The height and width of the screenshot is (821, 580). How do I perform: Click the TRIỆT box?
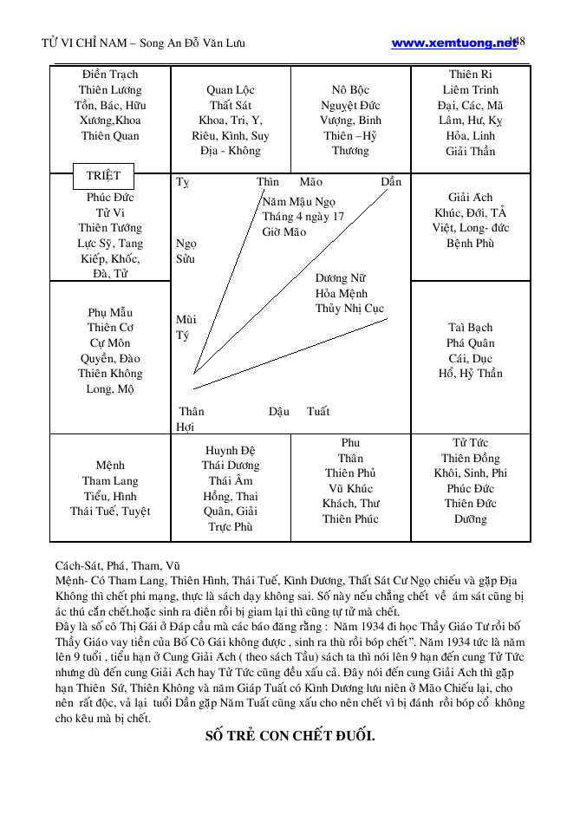coord(103,176)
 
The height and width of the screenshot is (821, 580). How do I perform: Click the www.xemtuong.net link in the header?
coord(453,43)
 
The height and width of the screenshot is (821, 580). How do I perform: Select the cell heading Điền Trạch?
coord(110,75)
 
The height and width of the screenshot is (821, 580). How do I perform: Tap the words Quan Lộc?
coord(231,90)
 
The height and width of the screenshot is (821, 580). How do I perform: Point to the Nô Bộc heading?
coord(350,90)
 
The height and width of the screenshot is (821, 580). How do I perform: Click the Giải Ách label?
coord(471,198)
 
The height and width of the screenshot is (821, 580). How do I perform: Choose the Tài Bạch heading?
coord(471,328)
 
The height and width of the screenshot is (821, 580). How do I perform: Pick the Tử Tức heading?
coord(471,443)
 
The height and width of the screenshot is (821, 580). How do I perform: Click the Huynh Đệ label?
coord(231,450)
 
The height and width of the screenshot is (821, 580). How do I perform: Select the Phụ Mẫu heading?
coord(110,313)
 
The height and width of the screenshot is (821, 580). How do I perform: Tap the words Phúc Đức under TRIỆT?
coord(110,198)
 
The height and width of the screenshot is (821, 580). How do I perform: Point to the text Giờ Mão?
coord(284,232)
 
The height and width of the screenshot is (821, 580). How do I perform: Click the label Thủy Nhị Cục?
coord(349,309)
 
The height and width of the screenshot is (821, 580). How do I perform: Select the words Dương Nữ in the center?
coord(340,278)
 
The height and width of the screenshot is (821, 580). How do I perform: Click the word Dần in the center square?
coord(391,182)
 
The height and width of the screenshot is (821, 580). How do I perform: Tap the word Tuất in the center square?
coord(318,412)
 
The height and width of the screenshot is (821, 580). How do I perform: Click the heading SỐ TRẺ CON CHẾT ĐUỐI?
coord(290,736)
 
